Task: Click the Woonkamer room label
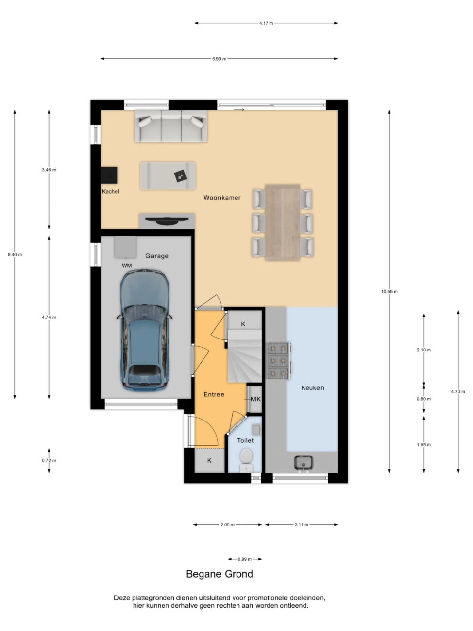(222, 198)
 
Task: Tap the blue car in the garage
(144, 330)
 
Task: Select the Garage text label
(157, 256)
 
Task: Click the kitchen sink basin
(304, 462)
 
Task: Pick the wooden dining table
(282, 222)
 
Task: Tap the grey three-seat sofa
(171, 126)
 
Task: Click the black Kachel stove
(109, 175)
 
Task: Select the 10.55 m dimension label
(389, 291)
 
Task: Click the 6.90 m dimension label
(219, 59)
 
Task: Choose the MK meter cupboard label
(256, 399)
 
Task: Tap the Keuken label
(312, 388)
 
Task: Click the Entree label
(214, 394)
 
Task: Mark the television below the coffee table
(167, 220)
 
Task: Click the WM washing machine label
(127, 266)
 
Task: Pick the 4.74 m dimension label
(49, 317)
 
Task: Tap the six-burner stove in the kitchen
(278, 361)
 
